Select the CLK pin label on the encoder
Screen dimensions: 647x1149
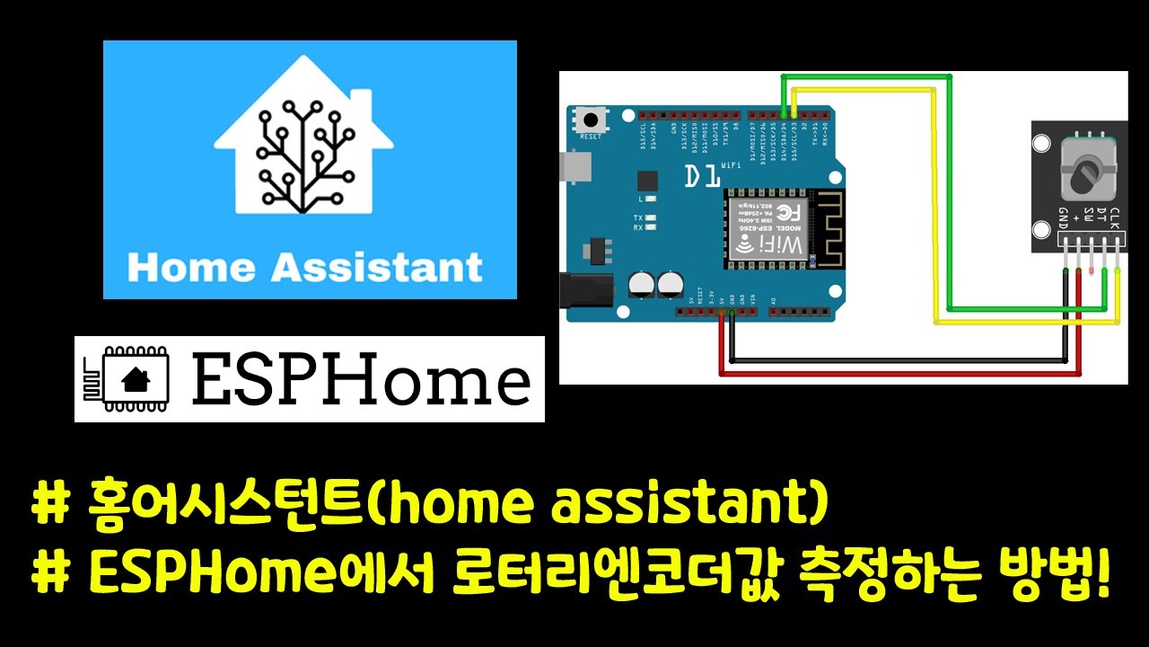1114,218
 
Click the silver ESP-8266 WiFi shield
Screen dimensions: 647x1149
766,229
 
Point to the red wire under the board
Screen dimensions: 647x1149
898,372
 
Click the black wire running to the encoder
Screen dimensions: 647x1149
898,360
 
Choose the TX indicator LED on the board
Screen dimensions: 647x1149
649,218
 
